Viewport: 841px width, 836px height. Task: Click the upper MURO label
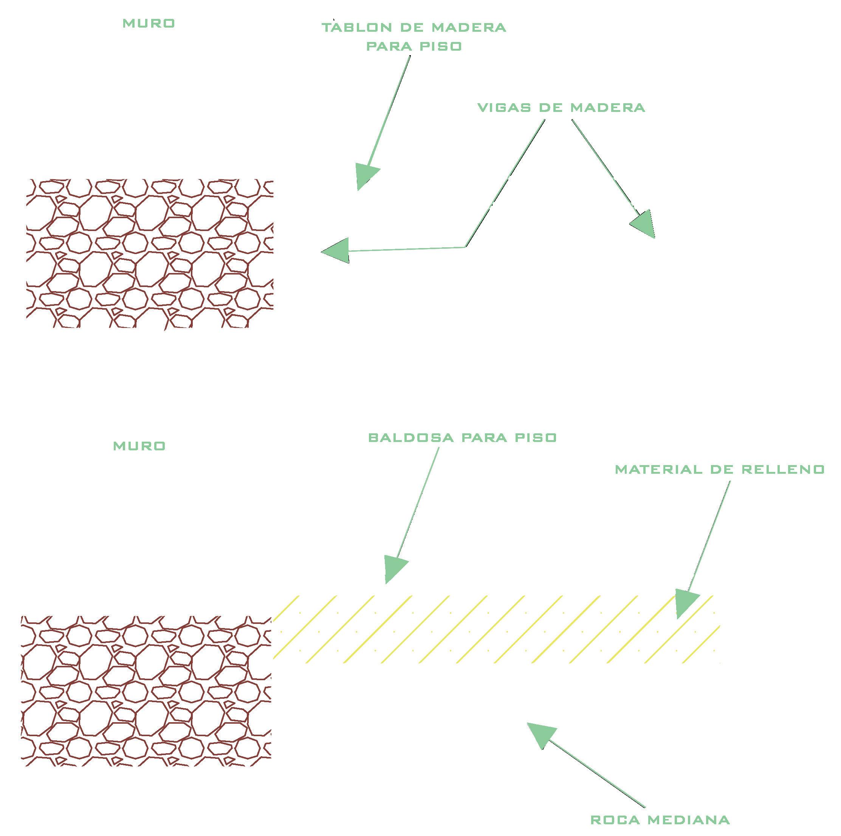[149, 23]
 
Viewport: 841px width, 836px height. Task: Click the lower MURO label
[139, 446]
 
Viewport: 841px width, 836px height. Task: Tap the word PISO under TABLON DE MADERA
[441, 46]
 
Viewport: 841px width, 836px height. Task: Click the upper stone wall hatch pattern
[150, 253]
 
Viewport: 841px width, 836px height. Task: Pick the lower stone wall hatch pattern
[146, 690]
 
